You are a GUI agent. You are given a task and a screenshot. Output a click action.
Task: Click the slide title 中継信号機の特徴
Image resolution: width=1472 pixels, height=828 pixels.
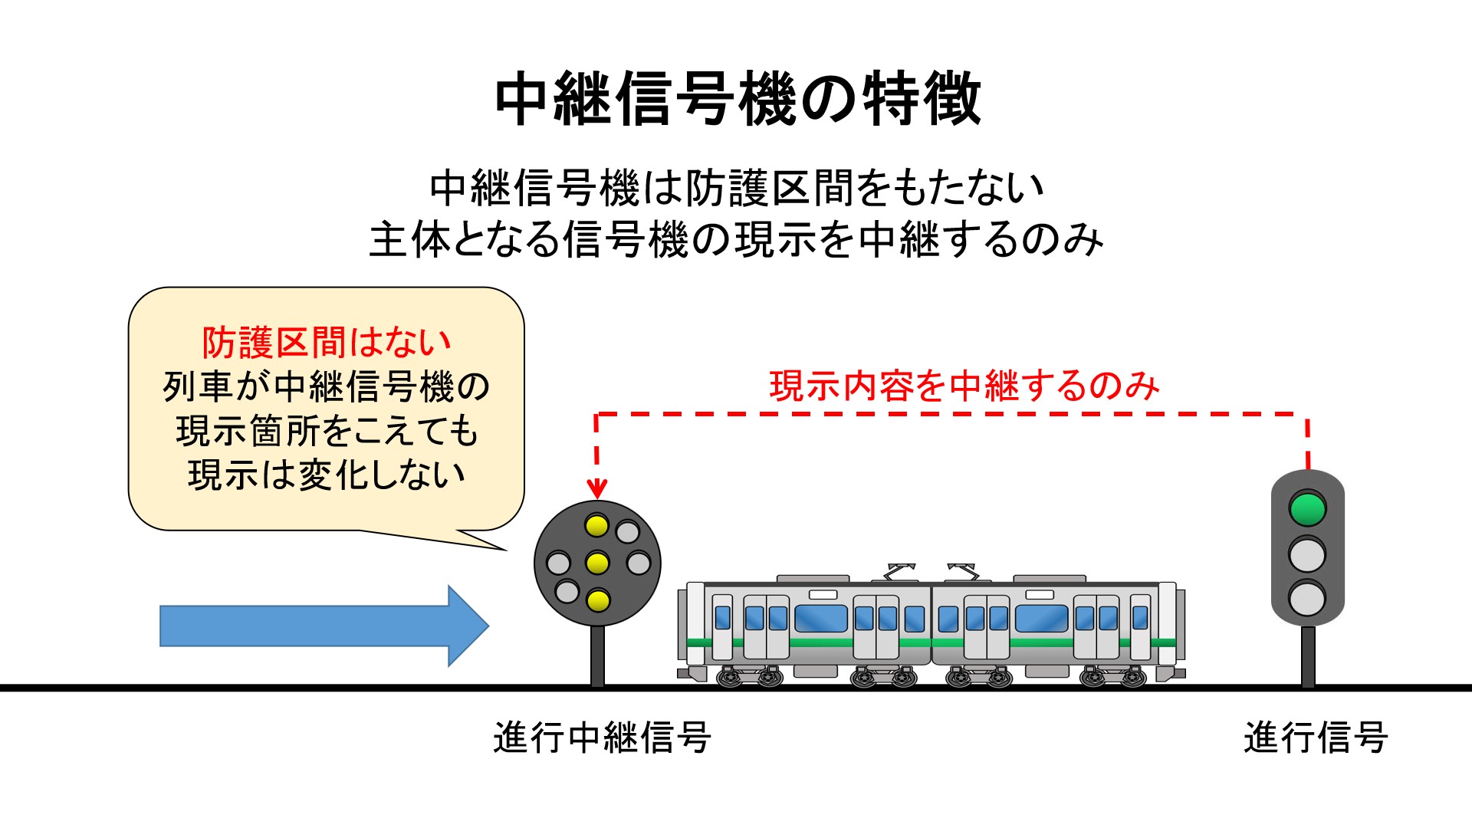(738, 100)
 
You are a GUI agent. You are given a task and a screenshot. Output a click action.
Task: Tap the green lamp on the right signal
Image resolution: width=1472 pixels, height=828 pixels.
(1307, 508)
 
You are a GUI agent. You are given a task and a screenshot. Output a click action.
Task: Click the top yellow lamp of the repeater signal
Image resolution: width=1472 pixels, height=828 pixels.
(596, 526)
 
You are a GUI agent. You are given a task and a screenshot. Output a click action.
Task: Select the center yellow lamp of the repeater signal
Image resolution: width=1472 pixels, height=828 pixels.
(597, 563)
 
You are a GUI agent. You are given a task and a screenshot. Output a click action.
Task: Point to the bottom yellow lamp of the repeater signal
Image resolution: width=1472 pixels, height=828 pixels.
(597, 600)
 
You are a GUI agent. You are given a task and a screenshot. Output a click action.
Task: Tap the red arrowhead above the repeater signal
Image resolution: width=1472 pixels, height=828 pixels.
(596, 488)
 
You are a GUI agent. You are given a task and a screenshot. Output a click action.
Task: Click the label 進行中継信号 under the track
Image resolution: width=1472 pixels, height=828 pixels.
(603, 738)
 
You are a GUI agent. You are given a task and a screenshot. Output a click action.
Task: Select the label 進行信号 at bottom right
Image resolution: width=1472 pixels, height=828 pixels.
(1316, 738)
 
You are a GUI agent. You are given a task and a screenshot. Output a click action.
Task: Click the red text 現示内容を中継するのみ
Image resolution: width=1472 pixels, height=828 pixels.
(964, 386)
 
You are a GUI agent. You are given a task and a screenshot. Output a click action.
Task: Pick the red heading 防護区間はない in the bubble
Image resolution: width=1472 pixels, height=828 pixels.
(327, 342)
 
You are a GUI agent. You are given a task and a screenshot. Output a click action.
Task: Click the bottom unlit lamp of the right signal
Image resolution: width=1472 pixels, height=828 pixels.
(1307, 598)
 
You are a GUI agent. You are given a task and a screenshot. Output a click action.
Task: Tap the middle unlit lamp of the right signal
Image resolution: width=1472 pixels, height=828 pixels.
(1307, 554)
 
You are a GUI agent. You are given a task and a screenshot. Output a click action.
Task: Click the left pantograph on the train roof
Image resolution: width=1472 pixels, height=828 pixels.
(900, 572)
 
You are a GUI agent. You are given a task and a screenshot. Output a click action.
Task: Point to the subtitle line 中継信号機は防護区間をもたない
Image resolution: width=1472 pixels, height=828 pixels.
(738, 189)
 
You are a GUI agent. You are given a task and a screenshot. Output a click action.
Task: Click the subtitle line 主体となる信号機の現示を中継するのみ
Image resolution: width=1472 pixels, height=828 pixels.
(736, 240)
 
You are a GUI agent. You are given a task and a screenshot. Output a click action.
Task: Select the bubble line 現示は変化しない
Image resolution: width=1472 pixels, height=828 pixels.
(327, 475)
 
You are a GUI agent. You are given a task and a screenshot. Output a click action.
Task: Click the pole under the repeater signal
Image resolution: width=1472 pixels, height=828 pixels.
(597, 656)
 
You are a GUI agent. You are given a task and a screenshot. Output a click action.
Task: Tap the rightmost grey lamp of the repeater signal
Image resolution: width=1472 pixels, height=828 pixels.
(639, 563)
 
